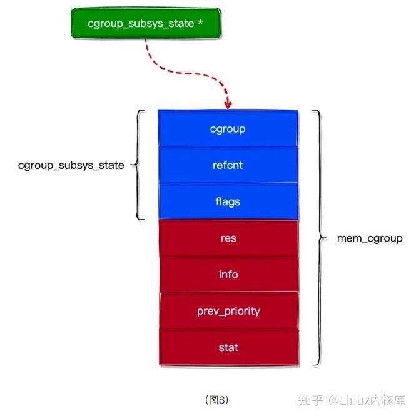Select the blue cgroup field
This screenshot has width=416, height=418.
(228, 129)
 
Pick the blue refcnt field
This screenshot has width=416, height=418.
(228, 166)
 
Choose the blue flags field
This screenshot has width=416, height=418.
(228, 201)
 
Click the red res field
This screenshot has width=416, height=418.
(228, 238)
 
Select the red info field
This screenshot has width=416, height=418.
(228, 274)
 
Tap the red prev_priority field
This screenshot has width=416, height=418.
(228, 310)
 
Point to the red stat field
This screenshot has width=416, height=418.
(228, 347)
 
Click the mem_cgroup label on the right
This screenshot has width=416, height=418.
(370, 238)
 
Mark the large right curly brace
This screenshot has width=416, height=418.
(319, 238)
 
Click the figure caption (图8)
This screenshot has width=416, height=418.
(217, 399)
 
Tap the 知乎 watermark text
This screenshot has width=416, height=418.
(310, 399)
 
